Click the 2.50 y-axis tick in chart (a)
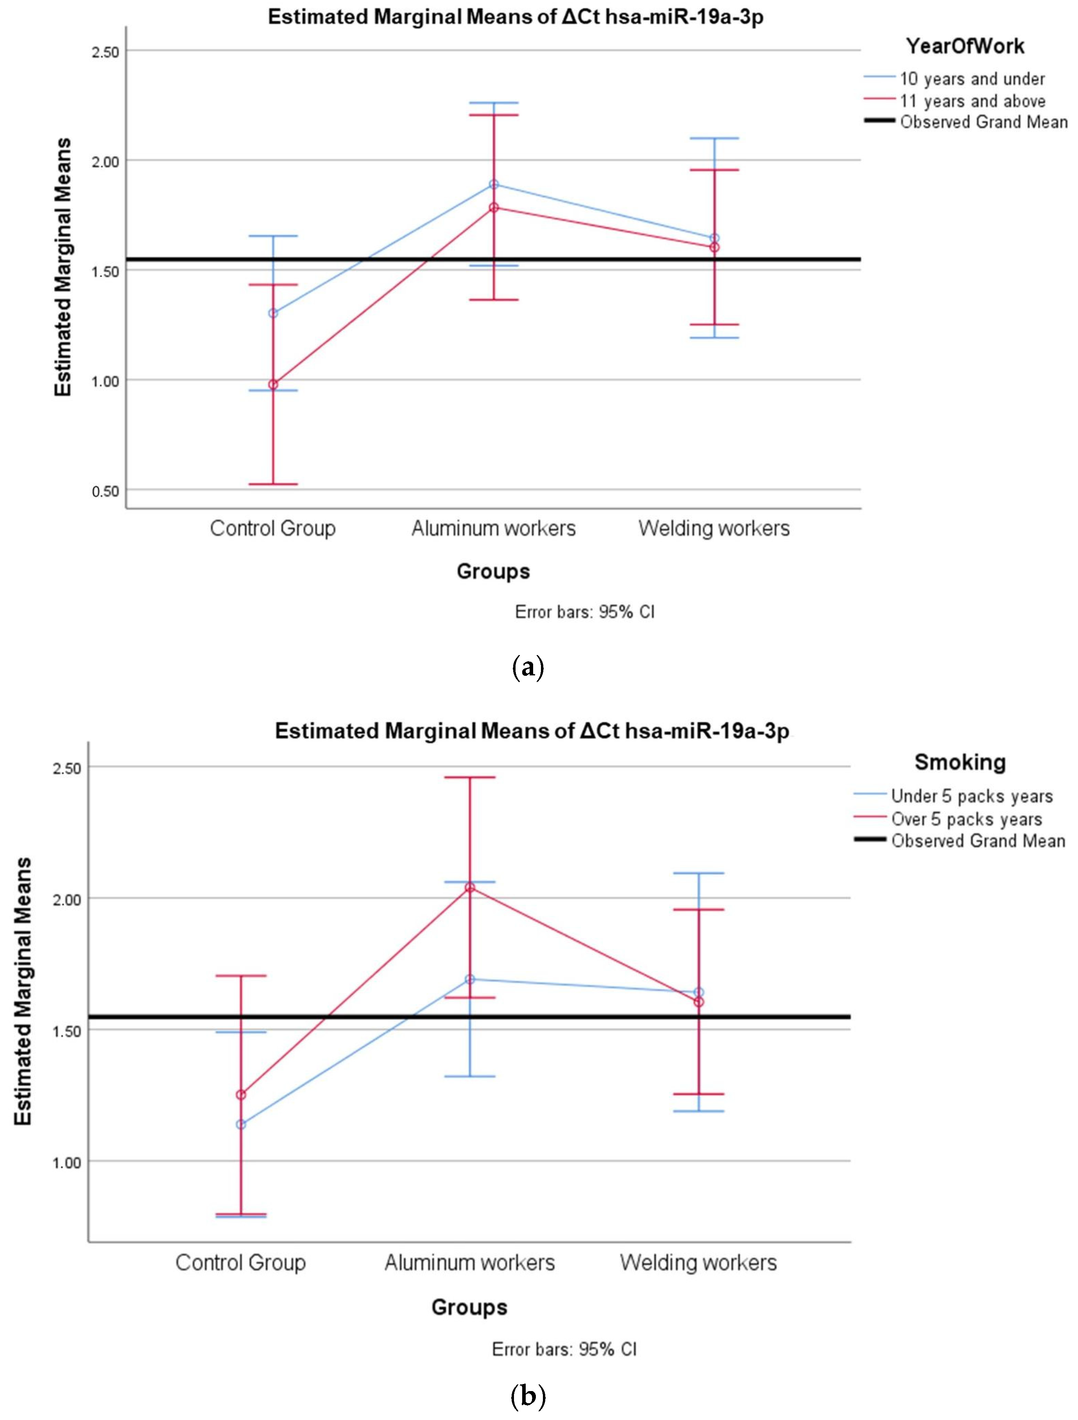pos(106,51)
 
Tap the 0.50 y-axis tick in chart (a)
pos(106,491)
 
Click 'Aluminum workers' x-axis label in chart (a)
pos(493,528)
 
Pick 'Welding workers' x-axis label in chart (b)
pos(698,1263)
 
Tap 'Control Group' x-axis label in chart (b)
pos(241,1263)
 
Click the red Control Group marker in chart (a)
pos(273,384)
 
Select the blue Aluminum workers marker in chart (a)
pos(493,184)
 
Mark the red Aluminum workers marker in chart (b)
pos(470,887)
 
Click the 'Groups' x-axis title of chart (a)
pos(493,571)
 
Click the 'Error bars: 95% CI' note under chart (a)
pos(585,612)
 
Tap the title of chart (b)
pos(532,731)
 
